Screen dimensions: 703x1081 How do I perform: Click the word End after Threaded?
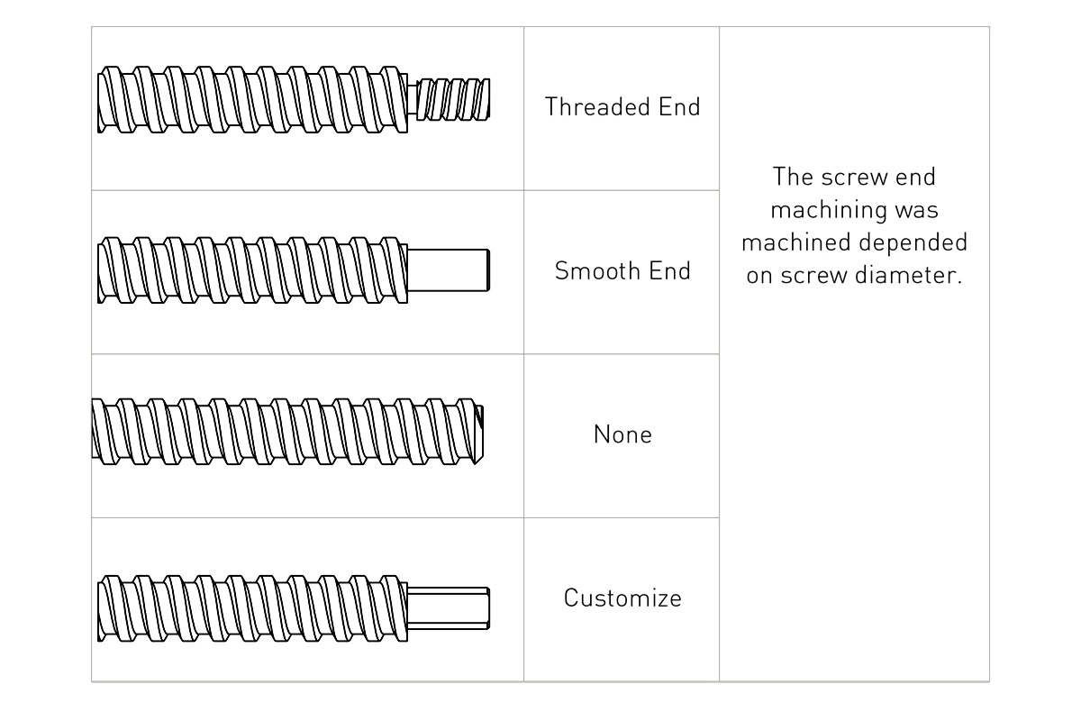680,107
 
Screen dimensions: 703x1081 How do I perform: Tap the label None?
622,435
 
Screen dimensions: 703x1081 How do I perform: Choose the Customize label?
622,598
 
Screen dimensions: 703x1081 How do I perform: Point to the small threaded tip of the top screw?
455,98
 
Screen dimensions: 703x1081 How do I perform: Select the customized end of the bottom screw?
448,598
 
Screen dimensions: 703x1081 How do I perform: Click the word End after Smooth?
671,271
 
